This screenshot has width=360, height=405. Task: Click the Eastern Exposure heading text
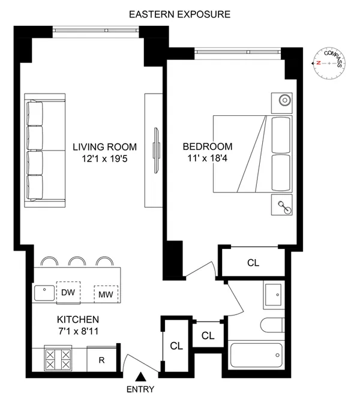(x=179, y=13)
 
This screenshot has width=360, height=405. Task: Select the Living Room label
(x=105, y=146)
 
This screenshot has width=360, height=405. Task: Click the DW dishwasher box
(x=68, y=293)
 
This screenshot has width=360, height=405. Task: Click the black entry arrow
(x=141, y=377)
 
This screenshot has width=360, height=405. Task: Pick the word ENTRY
(x=141, y=389)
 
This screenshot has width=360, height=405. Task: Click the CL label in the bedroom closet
(x=254, y=262)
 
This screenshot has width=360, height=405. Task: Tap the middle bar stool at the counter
(x=76, y=262)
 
